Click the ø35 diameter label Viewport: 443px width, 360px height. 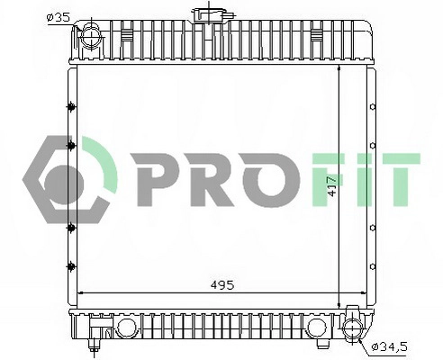click(58, 15)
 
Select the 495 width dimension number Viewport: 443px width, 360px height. click(221, 284)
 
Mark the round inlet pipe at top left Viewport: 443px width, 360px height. click(90, 39)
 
